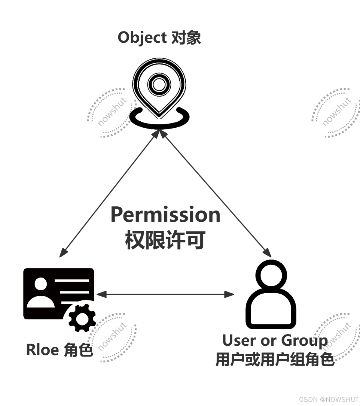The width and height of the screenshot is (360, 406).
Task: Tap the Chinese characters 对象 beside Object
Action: pyautogui.click(x=186, y=38)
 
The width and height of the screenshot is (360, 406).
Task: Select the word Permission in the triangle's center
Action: pyautogui.click(x=165, y=215)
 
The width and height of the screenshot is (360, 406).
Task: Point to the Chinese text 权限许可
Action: pyautogui.click(x=165, y=240)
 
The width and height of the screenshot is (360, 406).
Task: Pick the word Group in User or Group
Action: pyautogui.click(x=304, y=340)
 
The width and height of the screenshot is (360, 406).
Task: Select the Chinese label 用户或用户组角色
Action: pyautogui.click(x=275, y=360)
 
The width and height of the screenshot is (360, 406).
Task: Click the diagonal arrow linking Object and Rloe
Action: pyautogui.click(x=109, y=194)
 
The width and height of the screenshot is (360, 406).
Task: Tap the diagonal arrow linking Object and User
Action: pyautogui.click(x=216, y=194)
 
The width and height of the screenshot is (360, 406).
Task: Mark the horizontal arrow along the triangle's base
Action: pyautogui.click(x=165, y=294)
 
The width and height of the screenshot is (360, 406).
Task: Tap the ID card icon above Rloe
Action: pyautogui.click(x=59, y=299)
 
